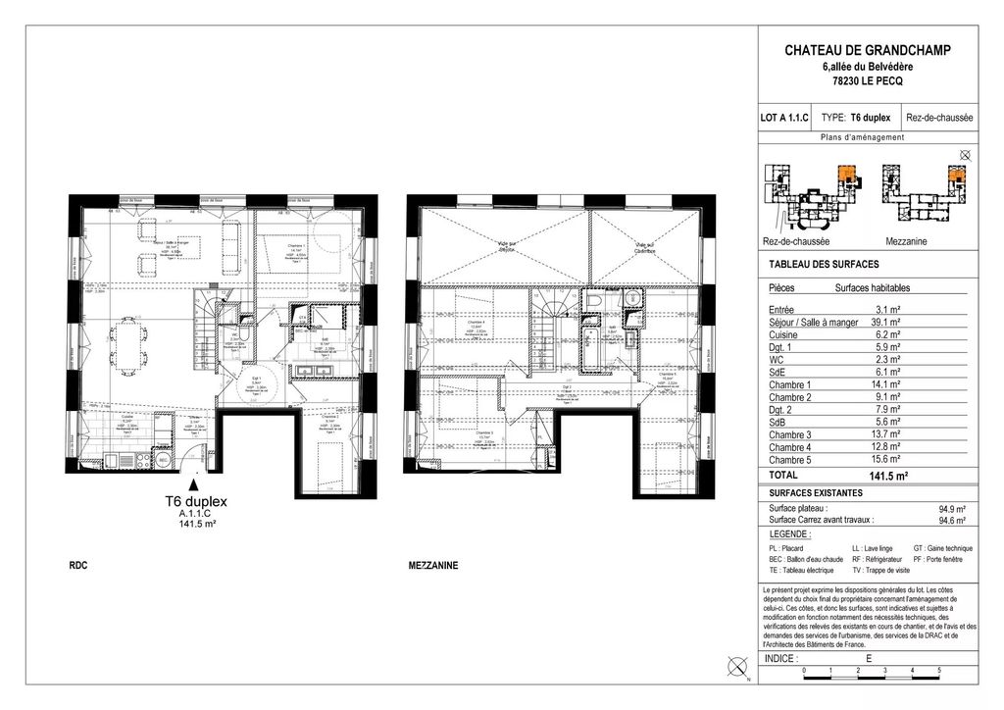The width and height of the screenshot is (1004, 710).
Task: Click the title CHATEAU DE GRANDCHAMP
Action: coord(868,50)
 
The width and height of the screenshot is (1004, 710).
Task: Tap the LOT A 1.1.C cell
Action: coord(784,117)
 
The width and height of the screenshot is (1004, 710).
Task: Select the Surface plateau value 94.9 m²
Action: coord(951,509)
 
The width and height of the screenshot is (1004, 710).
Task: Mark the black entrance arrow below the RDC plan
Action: coord(195,482)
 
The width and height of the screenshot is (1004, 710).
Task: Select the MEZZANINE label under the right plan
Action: coord(432,566)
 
